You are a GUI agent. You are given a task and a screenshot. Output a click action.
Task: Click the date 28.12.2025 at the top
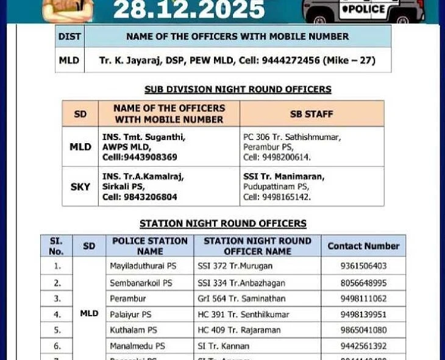[189, 9]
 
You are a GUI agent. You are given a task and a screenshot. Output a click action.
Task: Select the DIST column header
[69, 37]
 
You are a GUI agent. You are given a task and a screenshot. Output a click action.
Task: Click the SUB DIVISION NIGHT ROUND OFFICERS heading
[238, 90]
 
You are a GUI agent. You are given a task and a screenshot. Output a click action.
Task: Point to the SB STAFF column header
[311, 114]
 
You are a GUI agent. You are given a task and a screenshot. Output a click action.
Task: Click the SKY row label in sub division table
[80, 187]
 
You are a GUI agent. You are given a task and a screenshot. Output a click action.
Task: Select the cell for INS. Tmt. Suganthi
[168, 147]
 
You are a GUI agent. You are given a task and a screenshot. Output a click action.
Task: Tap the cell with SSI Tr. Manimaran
[311, 187]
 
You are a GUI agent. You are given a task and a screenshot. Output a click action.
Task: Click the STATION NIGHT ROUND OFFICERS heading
[223, 224]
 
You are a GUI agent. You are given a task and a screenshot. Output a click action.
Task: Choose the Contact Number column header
[363, 246]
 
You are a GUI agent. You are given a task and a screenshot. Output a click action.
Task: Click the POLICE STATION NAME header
[150, 246]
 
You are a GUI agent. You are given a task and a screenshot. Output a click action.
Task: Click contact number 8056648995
[363, 283]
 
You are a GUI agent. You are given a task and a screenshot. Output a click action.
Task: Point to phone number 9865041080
[363, 330]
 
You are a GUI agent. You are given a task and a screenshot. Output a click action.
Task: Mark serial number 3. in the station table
[57, 299]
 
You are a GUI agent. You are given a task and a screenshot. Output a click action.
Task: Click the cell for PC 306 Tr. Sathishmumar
[311, 147]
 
